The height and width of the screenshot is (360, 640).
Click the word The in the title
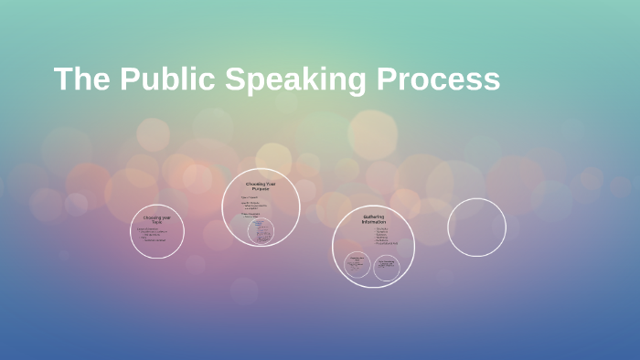(x=81, y=79)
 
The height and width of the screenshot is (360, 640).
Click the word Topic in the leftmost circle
(x=157, y=222)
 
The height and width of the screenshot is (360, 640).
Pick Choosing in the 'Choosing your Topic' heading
(x=152, y=217)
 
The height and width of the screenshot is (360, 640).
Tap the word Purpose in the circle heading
(x=261, y=188)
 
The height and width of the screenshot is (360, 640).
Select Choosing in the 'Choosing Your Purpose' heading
(x=255, y=184)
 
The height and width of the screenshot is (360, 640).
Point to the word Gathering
(x=373, y=217)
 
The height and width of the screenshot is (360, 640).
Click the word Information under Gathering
(x=373, y=222)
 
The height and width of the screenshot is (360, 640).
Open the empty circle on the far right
(x=476, y=228)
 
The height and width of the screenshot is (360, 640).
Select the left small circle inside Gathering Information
(x=357, y=266)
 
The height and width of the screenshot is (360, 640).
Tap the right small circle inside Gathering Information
(x=386, y=267)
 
